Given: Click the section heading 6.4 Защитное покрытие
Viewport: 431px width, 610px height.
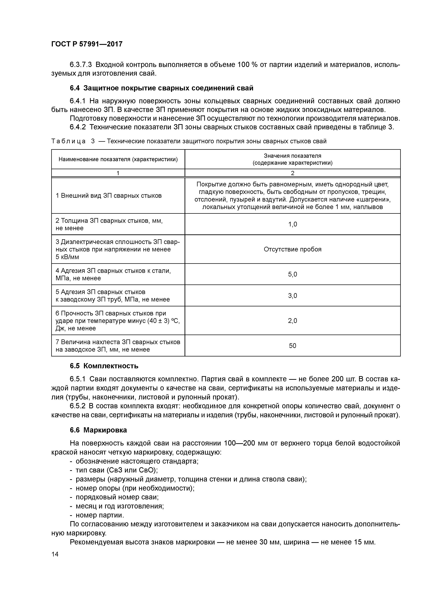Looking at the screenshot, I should (161, 88).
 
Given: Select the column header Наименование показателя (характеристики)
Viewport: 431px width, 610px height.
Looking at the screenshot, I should (118, 159).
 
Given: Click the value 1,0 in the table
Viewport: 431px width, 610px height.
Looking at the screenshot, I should (292, 224).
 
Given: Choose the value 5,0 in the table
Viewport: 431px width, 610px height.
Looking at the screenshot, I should (292, 274).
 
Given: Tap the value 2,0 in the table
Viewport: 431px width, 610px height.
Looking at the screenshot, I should (292, 321).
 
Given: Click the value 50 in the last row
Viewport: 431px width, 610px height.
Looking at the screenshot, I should (292, 346).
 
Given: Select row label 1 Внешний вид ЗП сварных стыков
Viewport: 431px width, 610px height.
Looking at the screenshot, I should (109, 196).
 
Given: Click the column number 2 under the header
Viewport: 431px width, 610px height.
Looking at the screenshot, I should (292, 173).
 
